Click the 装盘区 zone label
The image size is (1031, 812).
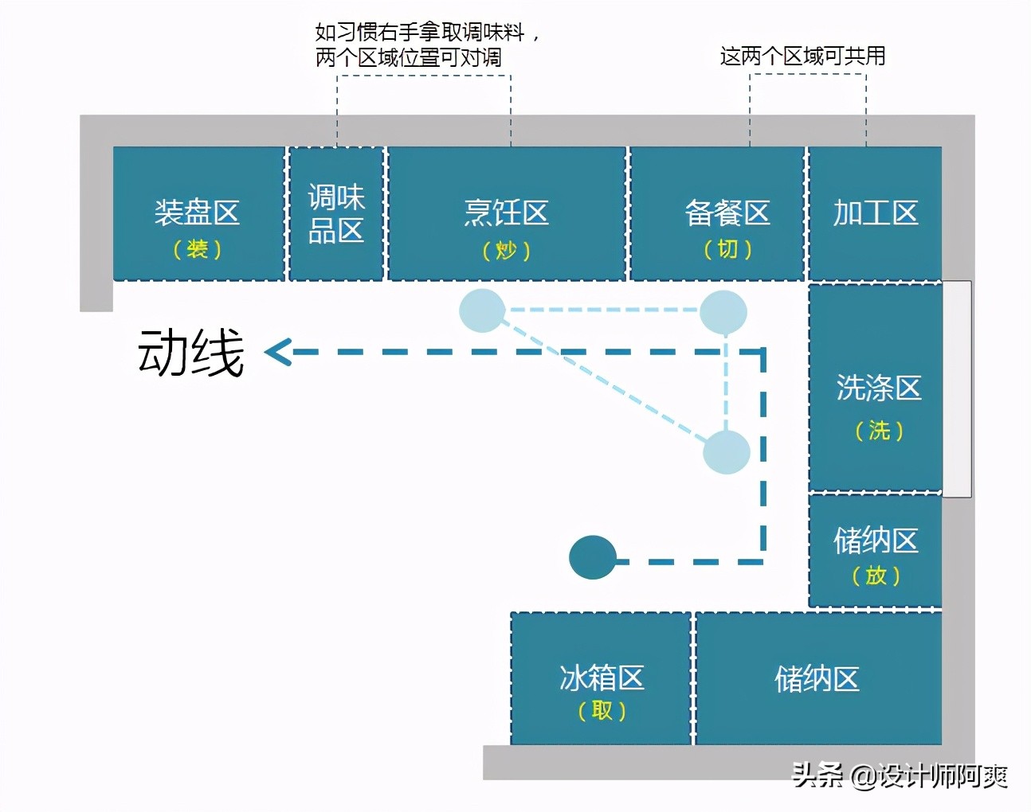coord(197,213)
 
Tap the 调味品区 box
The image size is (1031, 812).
coord(336,213)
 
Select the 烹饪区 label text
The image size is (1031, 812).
coord(507,213)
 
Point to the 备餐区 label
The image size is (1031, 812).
coord(727,213)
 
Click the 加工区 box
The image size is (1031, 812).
coord(876,213)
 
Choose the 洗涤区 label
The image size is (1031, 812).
coord(879,388)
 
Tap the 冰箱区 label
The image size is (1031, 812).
coord(602,677)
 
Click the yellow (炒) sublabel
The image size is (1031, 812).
coord(507,251)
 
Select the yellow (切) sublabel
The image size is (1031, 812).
coord(727,249)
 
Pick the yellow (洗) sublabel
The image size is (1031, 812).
coord(880,431)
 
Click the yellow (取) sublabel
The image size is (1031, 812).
coord(602,710)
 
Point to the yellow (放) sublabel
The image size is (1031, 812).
coord(876,575)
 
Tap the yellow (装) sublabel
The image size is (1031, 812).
coord(197,249)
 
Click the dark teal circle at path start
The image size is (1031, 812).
coord(593,557)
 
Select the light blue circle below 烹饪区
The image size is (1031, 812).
coord(483,310)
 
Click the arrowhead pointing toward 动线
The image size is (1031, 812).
coord(278,352)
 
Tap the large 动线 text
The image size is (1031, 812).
coord(191,353)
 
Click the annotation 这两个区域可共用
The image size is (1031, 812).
coord(802,56)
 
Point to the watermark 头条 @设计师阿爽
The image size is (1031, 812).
coord(900,776)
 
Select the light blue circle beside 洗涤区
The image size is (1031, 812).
coord(727,452)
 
